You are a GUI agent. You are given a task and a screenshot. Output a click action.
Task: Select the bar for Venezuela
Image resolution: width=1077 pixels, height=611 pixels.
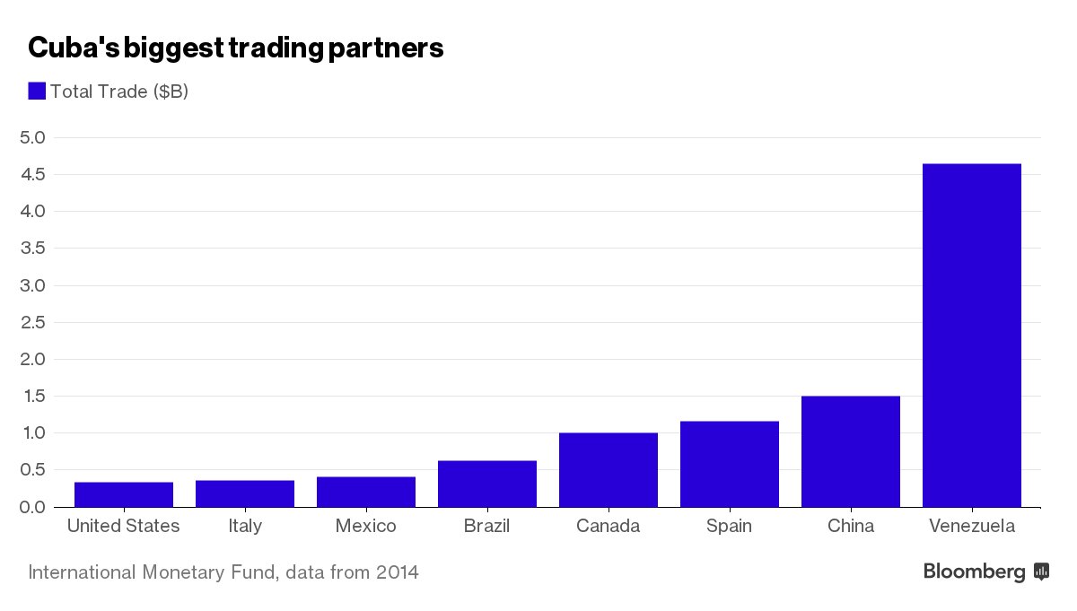point(971,336)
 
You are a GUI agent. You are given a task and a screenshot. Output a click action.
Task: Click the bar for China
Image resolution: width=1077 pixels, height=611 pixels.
point(850,451)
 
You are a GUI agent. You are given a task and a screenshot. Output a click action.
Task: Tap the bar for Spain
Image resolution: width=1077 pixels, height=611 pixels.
point(729,464)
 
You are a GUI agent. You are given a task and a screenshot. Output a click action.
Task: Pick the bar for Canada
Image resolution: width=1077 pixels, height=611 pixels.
point(608,470)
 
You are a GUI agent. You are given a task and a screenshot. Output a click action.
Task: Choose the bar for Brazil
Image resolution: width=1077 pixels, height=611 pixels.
point(486,484)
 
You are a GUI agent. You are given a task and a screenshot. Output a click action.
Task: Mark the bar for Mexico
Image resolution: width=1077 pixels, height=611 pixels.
point(365,492)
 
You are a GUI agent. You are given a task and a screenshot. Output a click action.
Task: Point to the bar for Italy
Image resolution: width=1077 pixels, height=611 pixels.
point(244,493)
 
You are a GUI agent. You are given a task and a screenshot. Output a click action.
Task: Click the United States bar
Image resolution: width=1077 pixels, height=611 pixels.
point(123,494)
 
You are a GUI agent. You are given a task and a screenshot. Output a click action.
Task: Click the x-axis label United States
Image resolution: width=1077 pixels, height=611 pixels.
point(123,526)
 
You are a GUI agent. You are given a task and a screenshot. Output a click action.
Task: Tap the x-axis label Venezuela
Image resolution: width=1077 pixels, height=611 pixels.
point(971,526)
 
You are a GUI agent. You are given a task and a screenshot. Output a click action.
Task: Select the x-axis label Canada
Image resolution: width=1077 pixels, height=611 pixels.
point(608,526)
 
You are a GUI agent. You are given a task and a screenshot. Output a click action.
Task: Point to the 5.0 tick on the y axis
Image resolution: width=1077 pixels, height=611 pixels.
point(32,137)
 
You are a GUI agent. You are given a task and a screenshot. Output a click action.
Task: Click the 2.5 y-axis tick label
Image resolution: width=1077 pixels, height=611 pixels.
point(32,322)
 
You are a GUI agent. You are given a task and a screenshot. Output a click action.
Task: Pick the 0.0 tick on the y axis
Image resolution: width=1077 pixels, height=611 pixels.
point(32,507)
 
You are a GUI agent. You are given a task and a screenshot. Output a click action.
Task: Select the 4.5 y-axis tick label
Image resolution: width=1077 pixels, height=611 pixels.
point(32,174)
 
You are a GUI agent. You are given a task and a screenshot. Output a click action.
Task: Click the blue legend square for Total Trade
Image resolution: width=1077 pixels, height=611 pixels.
point(37,91)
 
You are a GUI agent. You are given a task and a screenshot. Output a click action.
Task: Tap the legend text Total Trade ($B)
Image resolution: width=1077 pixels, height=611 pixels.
point(119,92)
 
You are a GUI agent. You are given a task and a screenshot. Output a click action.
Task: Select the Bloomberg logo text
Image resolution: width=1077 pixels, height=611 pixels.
point(975,572)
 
